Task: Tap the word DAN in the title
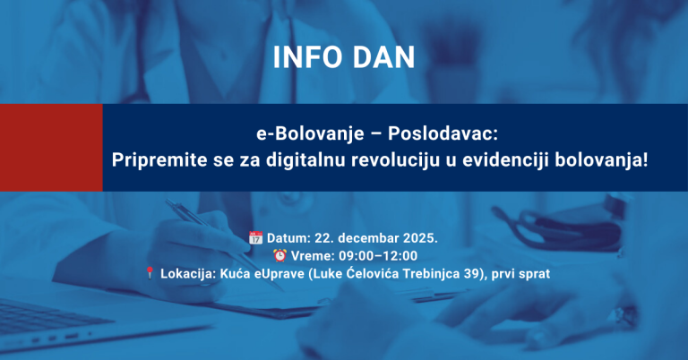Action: (x=383, y=57)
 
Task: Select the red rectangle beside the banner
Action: (x=51, y=147)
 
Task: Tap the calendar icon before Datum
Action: (x=255, y=237)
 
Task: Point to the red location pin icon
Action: (x=150, y=272)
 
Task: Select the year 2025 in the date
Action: (x=419, y=237)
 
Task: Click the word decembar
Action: (x=366, y=237)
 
